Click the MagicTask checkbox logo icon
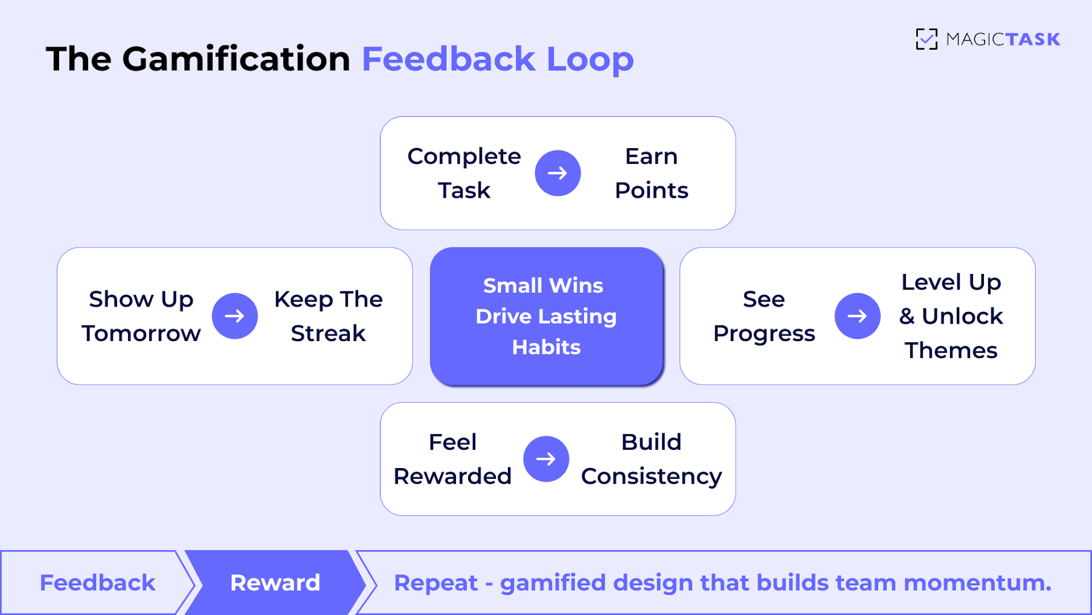[x=926, y=39]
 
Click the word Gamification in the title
[x=236, y=59]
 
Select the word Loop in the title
[x=590, y=59]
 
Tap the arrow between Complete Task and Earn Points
[x=557, y=174]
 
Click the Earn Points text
[x=651, y=174]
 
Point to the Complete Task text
[x=464, y=174]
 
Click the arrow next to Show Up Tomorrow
[x=235, y=316]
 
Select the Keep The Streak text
[x=328, y=316]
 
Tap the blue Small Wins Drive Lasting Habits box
[x=546, y=316]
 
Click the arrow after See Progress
[x=857, y=316]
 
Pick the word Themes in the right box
[x=951, y=351]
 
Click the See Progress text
[x=764, y=316]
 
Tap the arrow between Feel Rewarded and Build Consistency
[x=546, y=459]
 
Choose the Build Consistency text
[x=651, y=459]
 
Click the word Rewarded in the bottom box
[x=452, y=477]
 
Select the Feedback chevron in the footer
[x=97, y=583]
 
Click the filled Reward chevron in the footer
[x=275, y=583]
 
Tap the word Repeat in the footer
[x=435, y=583]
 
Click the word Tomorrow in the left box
[x=141, y=334]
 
